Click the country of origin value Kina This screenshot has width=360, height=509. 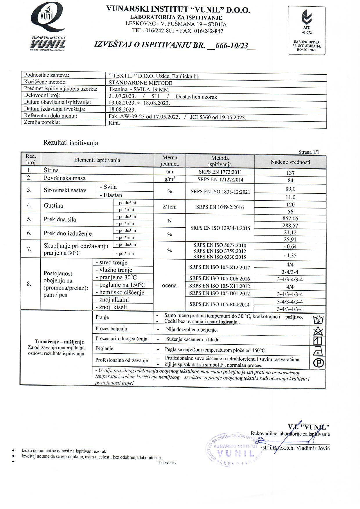pyautogui.click(x=114, y=123)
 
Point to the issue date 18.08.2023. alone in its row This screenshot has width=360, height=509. pyautogui.click(x=122, y=110)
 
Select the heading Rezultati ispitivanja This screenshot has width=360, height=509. pyautogui.click(x=71, y=143)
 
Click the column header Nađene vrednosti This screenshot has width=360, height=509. pyautogui.click(x=290, y=162)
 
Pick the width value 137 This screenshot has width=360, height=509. pyautogui.click(x=290, y=173)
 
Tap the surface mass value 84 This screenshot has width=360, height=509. pyautogui.click(x=290, y=180)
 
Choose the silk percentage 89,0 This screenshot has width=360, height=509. pyautogui.click(x=290, y=189)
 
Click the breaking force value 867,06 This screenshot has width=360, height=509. pyautogui.click(x=290, y=219)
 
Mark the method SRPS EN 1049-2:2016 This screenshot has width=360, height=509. pyautogui.click(x=220, y=207)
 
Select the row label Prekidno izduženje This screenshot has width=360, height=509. pyautogui.click(x=68, y=233)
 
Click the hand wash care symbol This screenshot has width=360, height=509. pyautogui.click(x=318, y=320)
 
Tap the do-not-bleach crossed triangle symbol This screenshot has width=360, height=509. pyautogui.click(x=318, y=331)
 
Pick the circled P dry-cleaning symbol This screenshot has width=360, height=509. pyautogui.click(x=318, y=363)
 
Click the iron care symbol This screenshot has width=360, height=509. pyautogui.click(x=318, y=351)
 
